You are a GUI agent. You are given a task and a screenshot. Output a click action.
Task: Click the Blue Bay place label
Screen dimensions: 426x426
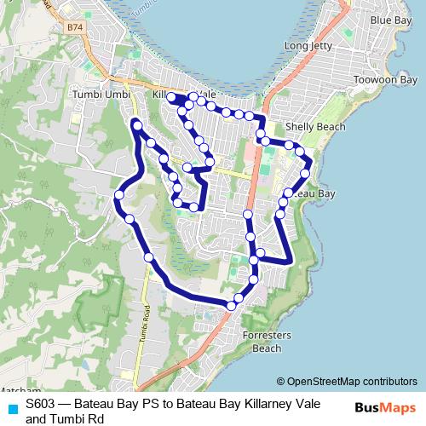[x=391, y=20]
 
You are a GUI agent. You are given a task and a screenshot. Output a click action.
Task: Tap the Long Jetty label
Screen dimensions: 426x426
[x=308, y=45]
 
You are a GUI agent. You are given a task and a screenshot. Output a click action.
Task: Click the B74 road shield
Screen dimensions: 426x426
[x=77, y=27]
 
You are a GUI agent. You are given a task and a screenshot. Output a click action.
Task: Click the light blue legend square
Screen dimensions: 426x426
[x=11, y=408]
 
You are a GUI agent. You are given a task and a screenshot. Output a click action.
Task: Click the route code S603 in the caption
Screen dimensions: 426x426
[x=41, y=405]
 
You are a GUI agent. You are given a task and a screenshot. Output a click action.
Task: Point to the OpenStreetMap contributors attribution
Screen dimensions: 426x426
[x=351, y=381]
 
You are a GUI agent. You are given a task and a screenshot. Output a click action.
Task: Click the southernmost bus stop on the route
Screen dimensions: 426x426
[x=232, y=305]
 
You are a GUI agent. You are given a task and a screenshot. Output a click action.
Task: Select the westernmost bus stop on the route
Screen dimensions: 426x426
[x=119, y=195]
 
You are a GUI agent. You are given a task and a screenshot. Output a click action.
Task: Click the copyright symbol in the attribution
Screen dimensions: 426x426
[x=280, y=381]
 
